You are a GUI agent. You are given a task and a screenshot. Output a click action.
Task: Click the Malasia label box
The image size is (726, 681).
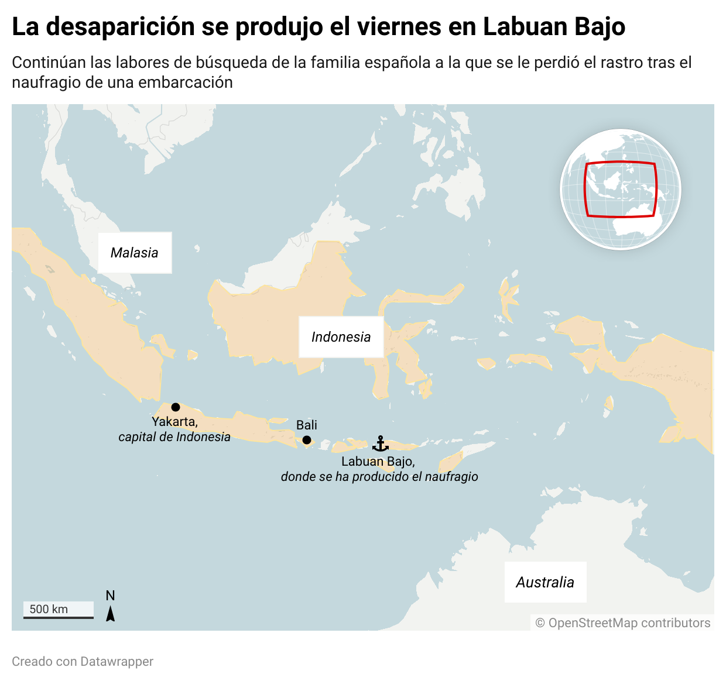[x=135, y=253]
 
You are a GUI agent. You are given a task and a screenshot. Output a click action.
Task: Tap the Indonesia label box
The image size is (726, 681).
[x=341, y=337]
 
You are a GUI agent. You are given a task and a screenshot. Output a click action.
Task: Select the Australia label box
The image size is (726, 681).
[x=545, y=582]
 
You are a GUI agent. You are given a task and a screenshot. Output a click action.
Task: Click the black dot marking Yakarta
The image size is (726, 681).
[x=176, y=407]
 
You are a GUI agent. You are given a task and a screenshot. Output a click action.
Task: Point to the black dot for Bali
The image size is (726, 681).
[x=307, y=440]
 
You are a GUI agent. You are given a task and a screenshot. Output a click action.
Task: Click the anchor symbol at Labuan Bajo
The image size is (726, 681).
[x=381, y=444]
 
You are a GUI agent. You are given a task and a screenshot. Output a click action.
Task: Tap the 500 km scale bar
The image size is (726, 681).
[x=59, y=610]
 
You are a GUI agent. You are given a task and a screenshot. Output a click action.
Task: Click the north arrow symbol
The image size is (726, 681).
[x=110, y=614]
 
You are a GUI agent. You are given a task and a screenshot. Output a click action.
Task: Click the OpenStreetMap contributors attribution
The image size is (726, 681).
[x=623, y=623]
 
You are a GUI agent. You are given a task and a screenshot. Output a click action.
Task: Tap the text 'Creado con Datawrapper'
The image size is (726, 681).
[x=83, y=662]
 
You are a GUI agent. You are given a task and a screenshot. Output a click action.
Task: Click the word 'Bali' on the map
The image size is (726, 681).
[x=307, y=425]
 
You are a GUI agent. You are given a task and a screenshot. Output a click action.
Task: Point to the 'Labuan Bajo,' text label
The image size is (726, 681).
[x=378, y=462]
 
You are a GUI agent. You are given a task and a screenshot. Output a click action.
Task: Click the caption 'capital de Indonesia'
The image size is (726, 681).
[x=174, y=437]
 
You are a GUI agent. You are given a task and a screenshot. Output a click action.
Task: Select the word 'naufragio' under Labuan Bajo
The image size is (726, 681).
[x=451, y=477]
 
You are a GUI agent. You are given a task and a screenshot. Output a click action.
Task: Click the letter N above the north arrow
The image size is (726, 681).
[x=110, y=596]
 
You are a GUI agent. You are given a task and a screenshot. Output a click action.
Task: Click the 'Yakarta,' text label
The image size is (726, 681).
[x=174, y=422]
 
